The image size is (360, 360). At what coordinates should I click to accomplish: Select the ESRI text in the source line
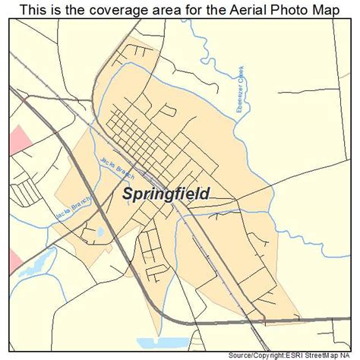(295, 354)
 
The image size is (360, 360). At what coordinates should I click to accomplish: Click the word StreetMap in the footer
(325, 354)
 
